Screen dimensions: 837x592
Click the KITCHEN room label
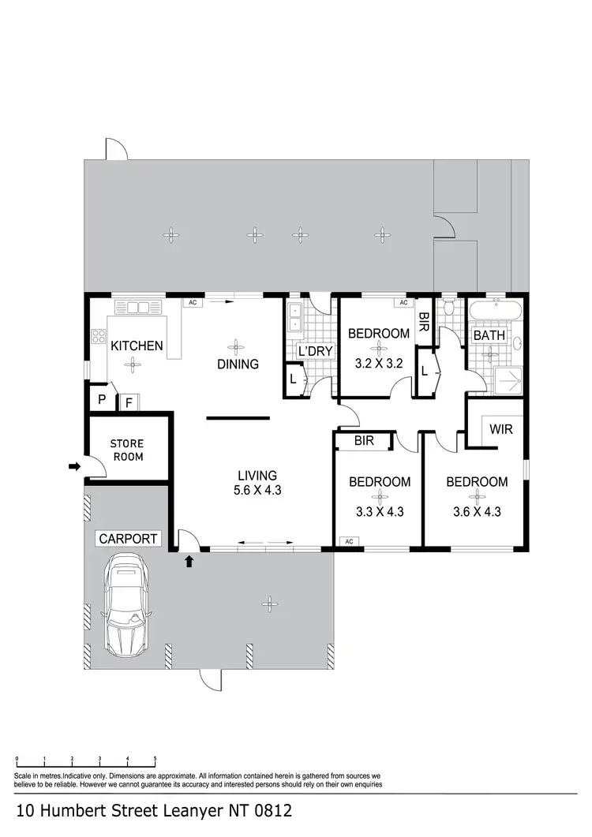coord(137,346)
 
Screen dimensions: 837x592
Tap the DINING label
coord(238,364)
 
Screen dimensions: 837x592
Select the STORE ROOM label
coord(126,450)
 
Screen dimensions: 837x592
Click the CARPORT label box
coord(128,540)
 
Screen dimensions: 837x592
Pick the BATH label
coord(489,336)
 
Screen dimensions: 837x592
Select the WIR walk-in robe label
coord(501,431)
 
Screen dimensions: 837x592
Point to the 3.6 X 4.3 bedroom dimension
coord(477,511)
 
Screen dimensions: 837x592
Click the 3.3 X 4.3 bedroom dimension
coord(380,511)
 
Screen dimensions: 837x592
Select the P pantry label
coord(102,400)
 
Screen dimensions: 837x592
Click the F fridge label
coord(129,402)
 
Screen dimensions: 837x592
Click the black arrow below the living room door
coord(189,562)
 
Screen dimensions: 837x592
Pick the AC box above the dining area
coord(191,302)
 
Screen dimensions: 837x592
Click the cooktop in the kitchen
coord(99,338)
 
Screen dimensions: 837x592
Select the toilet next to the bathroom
coord(449,307)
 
